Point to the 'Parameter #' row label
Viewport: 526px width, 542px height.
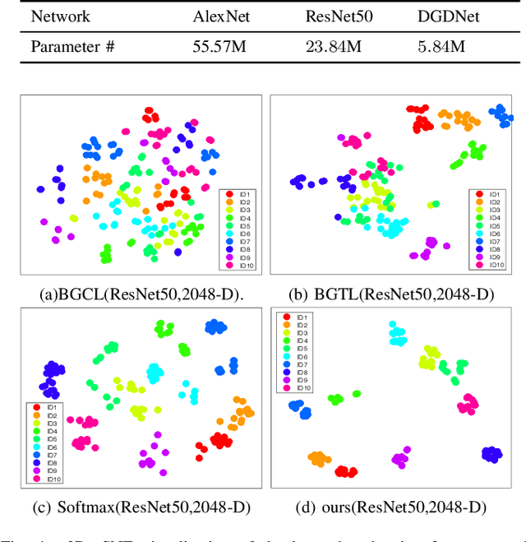coord(71,46)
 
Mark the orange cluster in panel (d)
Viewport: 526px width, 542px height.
coord(318,459)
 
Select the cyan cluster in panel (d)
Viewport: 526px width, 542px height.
coord(398,336)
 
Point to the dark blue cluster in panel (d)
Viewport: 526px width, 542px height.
coord(491,453)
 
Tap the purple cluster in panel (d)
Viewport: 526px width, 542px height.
coord(400,459)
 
